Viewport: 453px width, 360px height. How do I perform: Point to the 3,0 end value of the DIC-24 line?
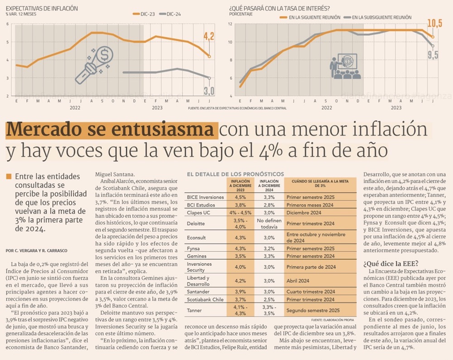208,91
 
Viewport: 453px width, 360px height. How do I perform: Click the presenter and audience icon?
344,67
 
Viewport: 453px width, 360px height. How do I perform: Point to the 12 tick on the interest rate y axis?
230,24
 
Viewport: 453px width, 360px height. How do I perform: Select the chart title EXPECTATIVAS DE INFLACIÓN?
42,8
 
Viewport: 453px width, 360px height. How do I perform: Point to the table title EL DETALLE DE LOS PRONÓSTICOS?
236,174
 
